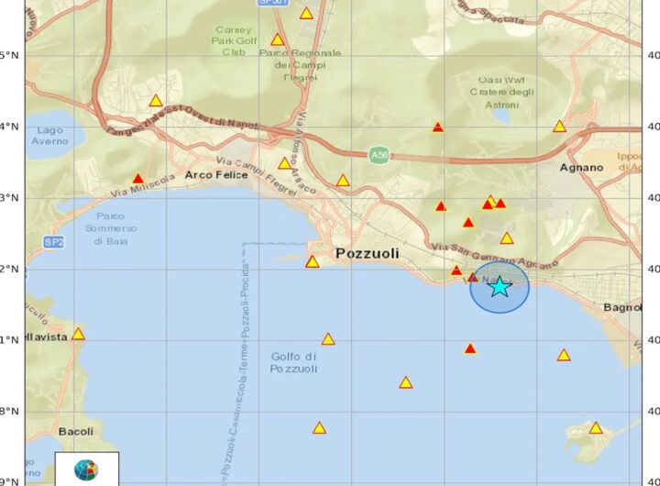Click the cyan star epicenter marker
pos(499,287)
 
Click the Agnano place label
pos(582,168)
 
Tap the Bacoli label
pos(75,431)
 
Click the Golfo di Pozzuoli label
pos(293,362)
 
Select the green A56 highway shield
pos(379,155)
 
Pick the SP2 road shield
pos(53,242)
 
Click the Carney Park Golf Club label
pos(234,40)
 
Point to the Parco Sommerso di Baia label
pos(111,228)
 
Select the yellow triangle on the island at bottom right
pos(596,427)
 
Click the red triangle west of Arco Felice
pos(138,179)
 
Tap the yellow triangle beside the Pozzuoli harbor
pos(312,262)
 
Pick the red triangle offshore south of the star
pos(470,348)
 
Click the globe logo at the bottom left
pos(86,470)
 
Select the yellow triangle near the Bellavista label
pos(78,334)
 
